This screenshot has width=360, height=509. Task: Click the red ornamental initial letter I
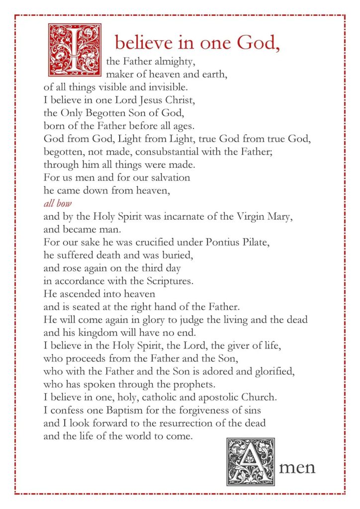(x=74, y=47)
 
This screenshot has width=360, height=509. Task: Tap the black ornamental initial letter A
(x=251, y=462)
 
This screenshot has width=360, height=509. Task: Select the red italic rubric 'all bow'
(x=55, y=203)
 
